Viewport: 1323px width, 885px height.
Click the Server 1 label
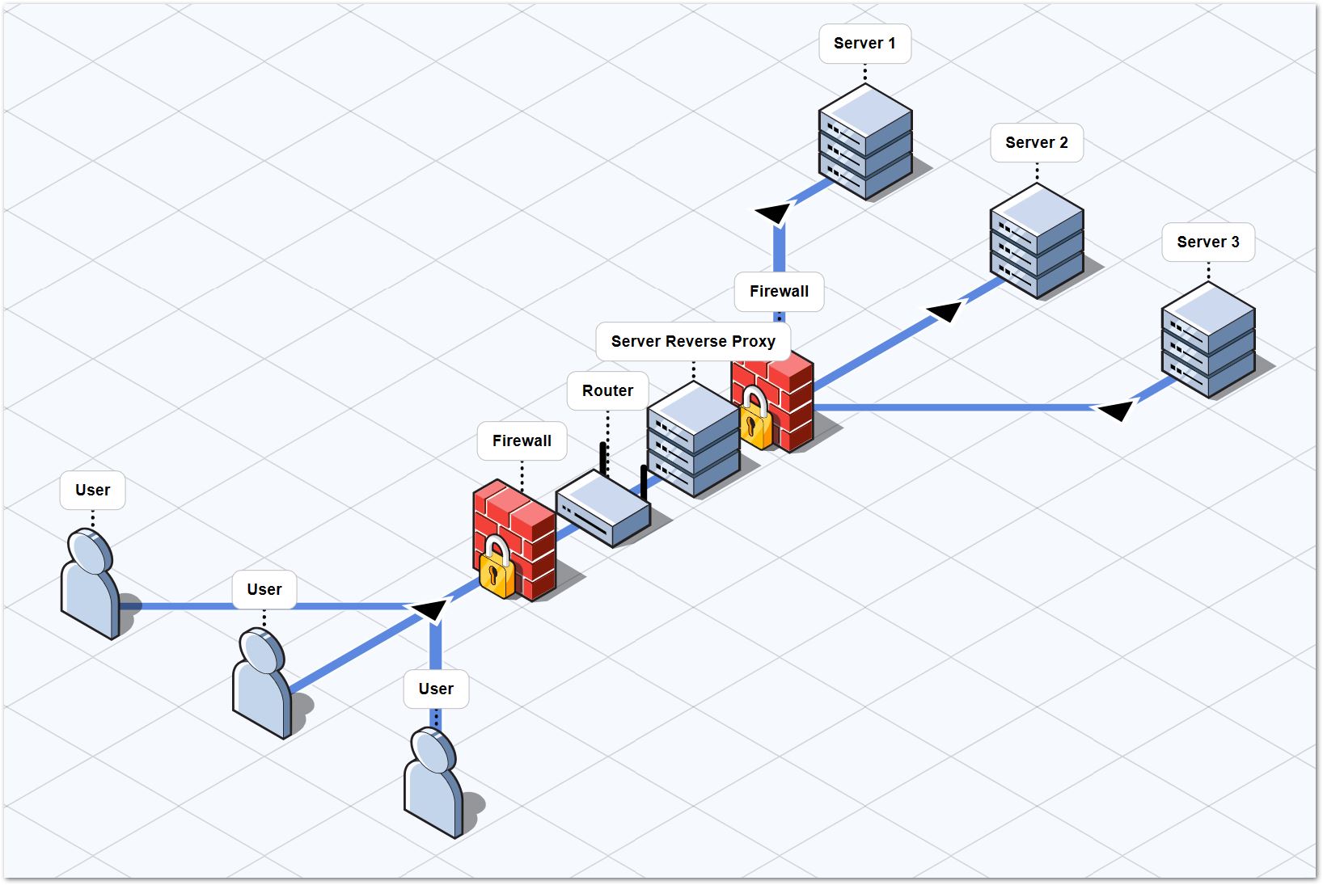(x=864, y=44)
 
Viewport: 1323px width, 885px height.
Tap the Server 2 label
(x=1036, y=143)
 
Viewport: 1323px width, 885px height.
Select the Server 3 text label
(x=1207, y=242)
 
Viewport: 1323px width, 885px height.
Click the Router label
(x=607, y=391)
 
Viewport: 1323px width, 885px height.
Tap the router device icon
(x=603, y=509)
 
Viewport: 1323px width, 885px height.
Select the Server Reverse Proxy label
(x=693, y=342)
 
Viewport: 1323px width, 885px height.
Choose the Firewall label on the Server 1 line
(x=779, y=292)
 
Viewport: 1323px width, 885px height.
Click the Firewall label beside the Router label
(x=522, y=441)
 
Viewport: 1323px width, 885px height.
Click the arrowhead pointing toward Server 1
(x=773, y=213)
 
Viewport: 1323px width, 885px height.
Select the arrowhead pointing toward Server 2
(x=945, y=311)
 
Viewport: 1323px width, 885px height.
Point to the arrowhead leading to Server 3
(x=1116, y=411)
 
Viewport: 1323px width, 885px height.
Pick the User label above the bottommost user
(x=436, y=689)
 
